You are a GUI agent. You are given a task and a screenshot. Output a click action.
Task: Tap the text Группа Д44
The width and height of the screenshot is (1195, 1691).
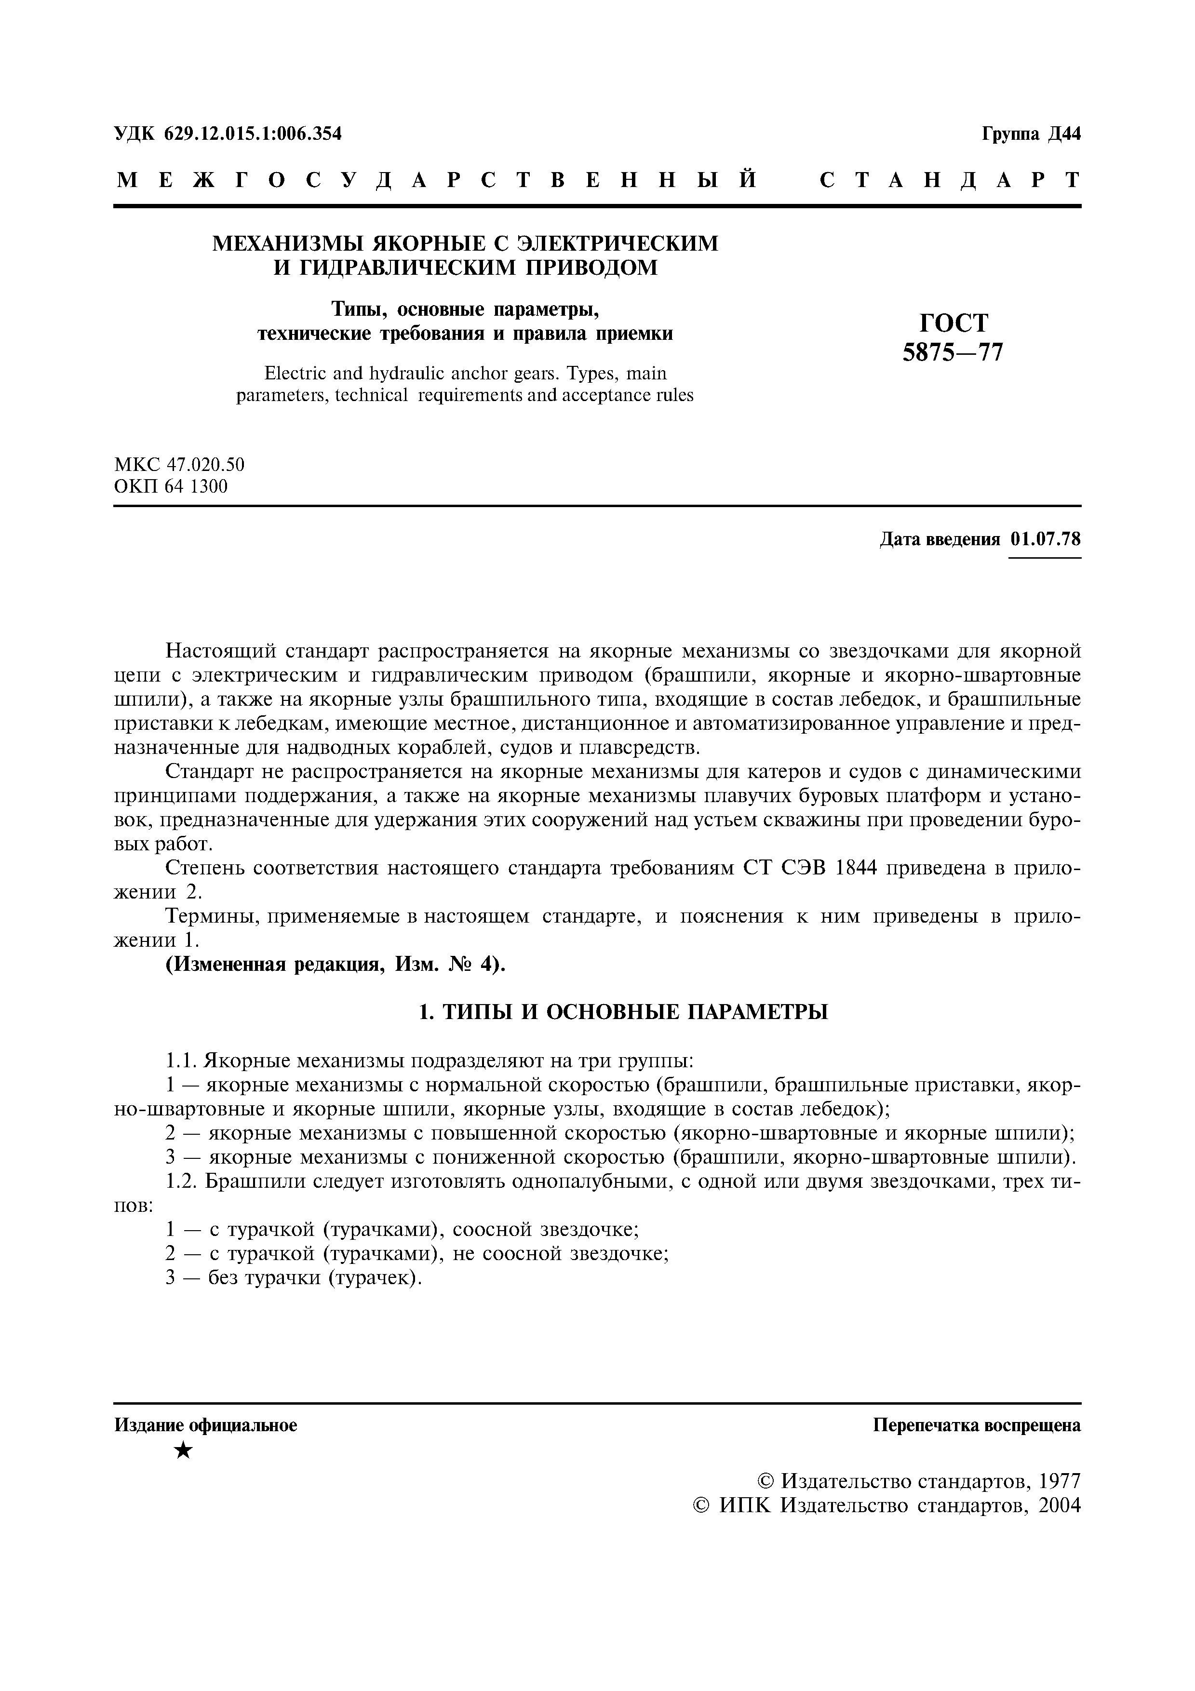tap(1031, 134)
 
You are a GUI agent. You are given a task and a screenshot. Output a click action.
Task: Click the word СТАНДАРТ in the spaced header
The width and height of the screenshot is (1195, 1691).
tap(950, 180)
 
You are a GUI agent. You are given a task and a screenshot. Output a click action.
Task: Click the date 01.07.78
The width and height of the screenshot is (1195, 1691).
tap(1046, 539)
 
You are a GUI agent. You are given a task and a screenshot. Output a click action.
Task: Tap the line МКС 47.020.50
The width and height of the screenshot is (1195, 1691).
tap(179, 465)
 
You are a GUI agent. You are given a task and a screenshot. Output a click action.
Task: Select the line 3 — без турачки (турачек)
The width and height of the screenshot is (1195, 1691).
tap(294, 1278)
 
